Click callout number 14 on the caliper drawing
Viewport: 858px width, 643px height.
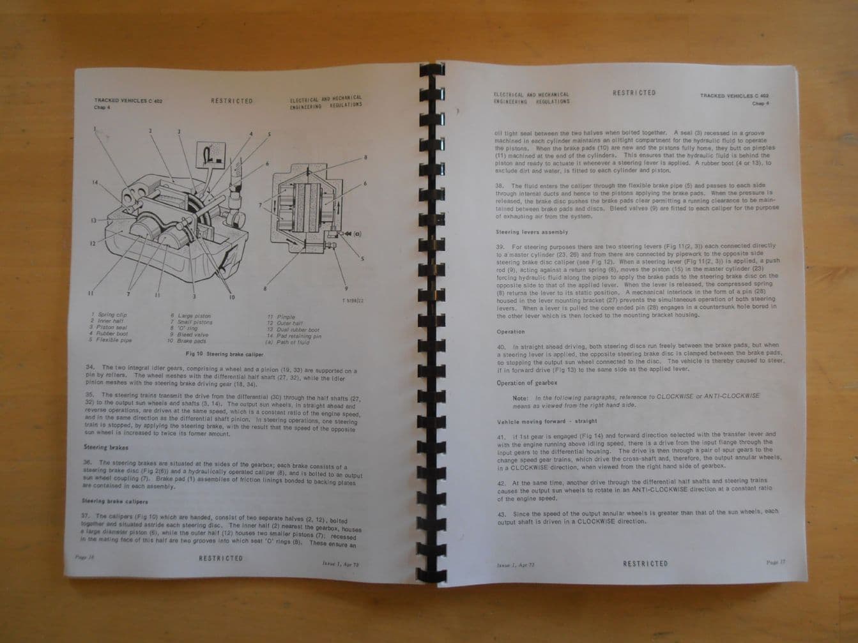(x=95, y=183)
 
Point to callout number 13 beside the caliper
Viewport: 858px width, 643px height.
(x=93, y=221)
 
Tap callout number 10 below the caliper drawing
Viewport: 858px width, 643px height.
(x=231, y=297)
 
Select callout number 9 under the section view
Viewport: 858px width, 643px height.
(x=346, y=289)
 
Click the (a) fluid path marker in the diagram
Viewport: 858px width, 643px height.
(x=357, y=234)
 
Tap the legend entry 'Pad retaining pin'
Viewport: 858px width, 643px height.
(x=298, y=337)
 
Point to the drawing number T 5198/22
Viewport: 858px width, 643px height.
(x=353, y=300)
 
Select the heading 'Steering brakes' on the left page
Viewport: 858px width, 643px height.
(x=106, y=448)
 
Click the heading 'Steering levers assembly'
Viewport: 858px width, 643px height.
(x=532, y=232)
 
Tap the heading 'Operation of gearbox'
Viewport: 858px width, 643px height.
(x=527, y=383)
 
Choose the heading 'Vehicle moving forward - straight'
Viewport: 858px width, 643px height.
(x=547, y=421)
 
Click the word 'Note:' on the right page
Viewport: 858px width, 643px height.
(x=520, y=398)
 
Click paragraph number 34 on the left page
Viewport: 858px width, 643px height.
(x=90, y=367)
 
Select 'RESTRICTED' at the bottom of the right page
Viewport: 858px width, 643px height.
(x=645, y=564)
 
